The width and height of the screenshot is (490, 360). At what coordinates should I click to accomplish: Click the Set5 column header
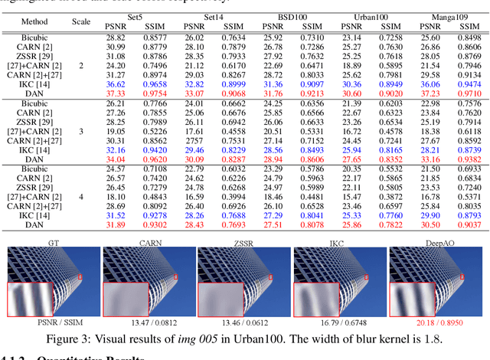pos(137,15)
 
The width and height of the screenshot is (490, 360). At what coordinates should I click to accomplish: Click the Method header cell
pos(34,23)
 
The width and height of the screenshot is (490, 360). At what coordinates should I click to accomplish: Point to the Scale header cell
pos(80,23)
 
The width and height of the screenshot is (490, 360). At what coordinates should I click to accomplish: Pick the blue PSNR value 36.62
pos(116,83)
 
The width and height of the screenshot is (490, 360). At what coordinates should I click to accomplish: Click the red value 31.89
pos(116,224)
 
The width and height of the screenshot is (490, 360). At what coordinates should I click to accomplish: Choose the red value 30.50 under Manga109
pos(431,224)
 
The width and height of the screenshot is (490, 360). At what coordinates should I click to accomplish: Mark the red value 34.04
pos(116,158)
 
